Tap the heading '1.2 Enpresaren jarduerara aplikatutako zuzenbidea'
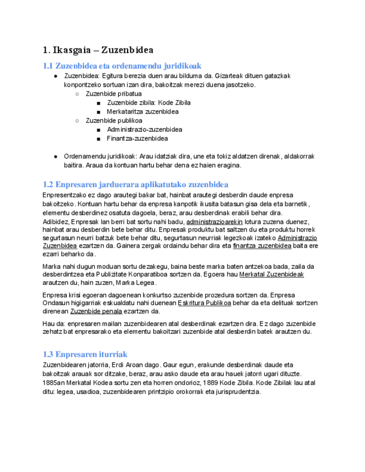coord(135,184)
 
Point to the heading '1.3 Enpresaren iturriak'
coord(85,354)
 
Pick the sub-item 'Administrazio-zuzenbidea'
coord(144,129)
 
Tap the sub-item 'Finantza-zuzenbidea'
coord(137,138)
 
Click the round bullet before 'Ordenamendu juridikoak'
coord(56,156)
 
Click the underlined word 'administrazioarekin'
coord(218,222)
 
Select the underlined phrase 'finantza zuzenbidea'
coord(262,245)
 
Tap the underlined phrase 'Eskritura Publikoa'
coord(204,303)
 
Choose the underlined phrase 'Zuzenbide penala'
coord(96,312)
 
